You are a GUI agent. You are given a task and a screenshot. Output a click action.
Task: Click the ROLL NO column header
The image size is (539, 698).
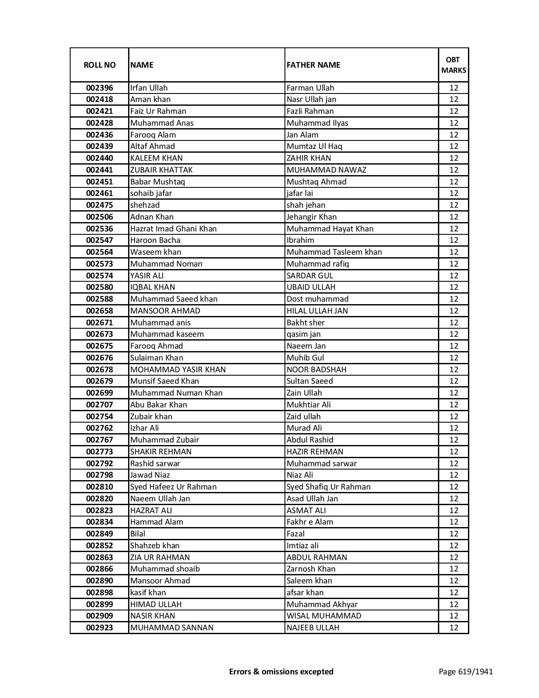click(x=99, y=65)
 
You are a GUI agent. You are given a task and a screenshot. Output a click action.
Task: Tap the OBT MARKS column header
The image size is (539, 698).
click(x=454, y=65)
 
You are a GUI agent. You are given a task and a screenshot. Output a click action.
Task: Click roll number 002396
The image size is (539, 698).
click(x=99, y=88)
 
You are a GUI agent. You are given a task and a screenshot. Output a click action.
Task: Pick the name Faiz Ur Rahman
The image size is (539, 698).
click(x=158, y=111)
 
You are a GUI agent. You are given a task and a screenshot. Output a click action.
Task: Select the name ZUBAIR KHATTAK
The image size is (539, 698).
click(x=161, y=170)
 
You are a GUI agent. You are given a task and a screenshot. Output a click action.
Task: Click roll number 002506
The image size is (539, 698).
click(x=99, y=217)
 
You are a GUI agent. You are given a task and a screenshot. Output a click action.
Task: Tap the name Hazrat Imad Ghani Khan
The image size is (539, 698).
click(x=173, y=229)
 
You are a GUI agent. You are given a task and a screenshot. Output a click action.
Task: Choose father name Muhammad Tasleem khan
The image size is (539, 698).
click(x=334, y=252)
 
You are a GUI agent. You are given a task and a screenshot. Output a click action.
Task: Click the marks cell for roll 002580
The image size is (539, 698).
click(x=454, y=287)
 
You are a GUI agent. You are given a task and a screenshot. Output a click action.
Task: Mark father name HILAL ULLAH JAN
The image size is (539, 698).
click(x=317, y=311)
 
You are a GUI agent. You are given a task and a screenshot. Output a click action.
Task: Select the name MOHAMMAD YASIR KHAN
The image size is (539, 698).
click(x=178, y=370)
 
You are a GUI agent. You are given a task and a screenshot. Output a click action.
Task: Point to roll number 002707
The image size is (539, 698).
click(x=99, y=405)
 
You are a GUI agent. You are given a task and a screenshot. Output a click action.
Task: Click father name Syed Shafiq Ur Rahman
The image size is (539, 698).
click(x=328, y=487)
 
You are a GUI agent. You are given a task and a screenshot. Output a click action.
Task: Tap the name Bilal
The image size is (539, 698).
click(x=137, y=534)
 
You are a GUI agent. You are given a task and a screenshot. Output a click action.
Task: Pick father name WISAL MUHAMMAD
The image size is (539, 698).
click(x=324, y=616)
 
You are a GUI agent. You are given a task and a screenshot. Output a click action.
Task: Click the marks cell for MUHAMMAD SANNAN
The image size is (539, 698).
click(x=454, y=628)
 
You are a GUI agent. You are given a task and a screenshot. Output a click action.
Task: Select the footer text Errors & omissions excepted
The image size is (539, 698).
click(x=281, y=671)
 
